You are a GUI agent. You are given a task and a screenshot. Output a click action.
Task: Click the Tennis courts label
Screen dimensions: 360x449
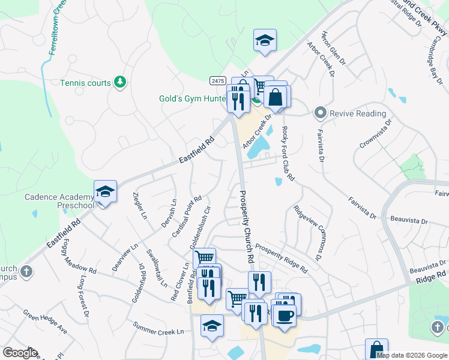tap(86, 82)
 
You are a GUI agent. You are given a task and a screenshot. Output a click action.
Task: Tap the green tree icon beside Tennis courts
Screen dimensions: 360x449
tap(120, 82)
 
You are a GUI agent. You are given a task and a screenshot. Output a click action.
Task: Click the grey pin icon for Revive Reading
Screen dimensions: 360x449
tap(321, 113)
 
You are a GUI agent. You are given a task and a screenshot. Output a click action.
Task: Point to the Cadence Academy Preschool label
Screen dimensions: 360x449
tap(59, 201)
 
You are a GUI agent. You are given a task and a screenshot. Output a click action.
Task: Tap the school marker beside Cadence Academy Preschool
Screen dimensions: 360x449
tap(105, 193)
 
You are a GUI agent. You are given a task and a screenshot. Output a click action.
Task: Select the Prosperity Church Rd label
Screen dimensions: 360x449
tap(246, 226)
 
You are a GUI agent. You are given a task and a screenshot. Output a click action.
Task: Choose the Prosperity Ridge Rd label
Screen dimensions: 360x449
tap(281, 258)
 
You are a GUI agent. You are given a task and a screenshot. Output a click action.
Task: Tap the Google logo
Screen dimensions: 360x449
tap(20, 353)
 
